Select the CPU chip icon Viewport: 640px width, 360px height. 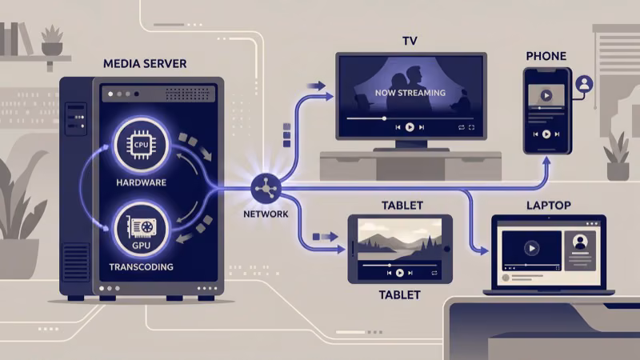[x=141, y=144]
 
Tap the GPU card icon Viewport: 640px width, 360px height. [x=141, y=224]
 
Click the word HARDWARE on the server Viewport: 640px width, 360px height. [x=141, y=183]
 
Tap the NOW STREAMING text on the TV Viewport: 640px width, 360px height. [x=410, y=94]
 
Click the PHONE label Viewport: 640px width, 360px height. [x=546, y=56]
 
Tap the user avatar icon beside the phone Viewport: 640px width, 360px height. [x=585, y=83]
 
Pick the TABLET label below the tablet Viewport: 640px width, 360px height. [x=399, y=295]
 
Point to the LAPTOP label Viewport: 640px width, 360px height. [x=548, y=206]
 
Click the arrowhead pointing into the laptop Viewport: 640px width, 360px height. [x=483, y=250]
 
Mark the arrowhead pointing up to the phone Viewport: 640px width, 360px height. [x=546, y=161]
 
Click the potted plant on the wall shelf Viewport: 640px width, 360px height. [x=52, y=41]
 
